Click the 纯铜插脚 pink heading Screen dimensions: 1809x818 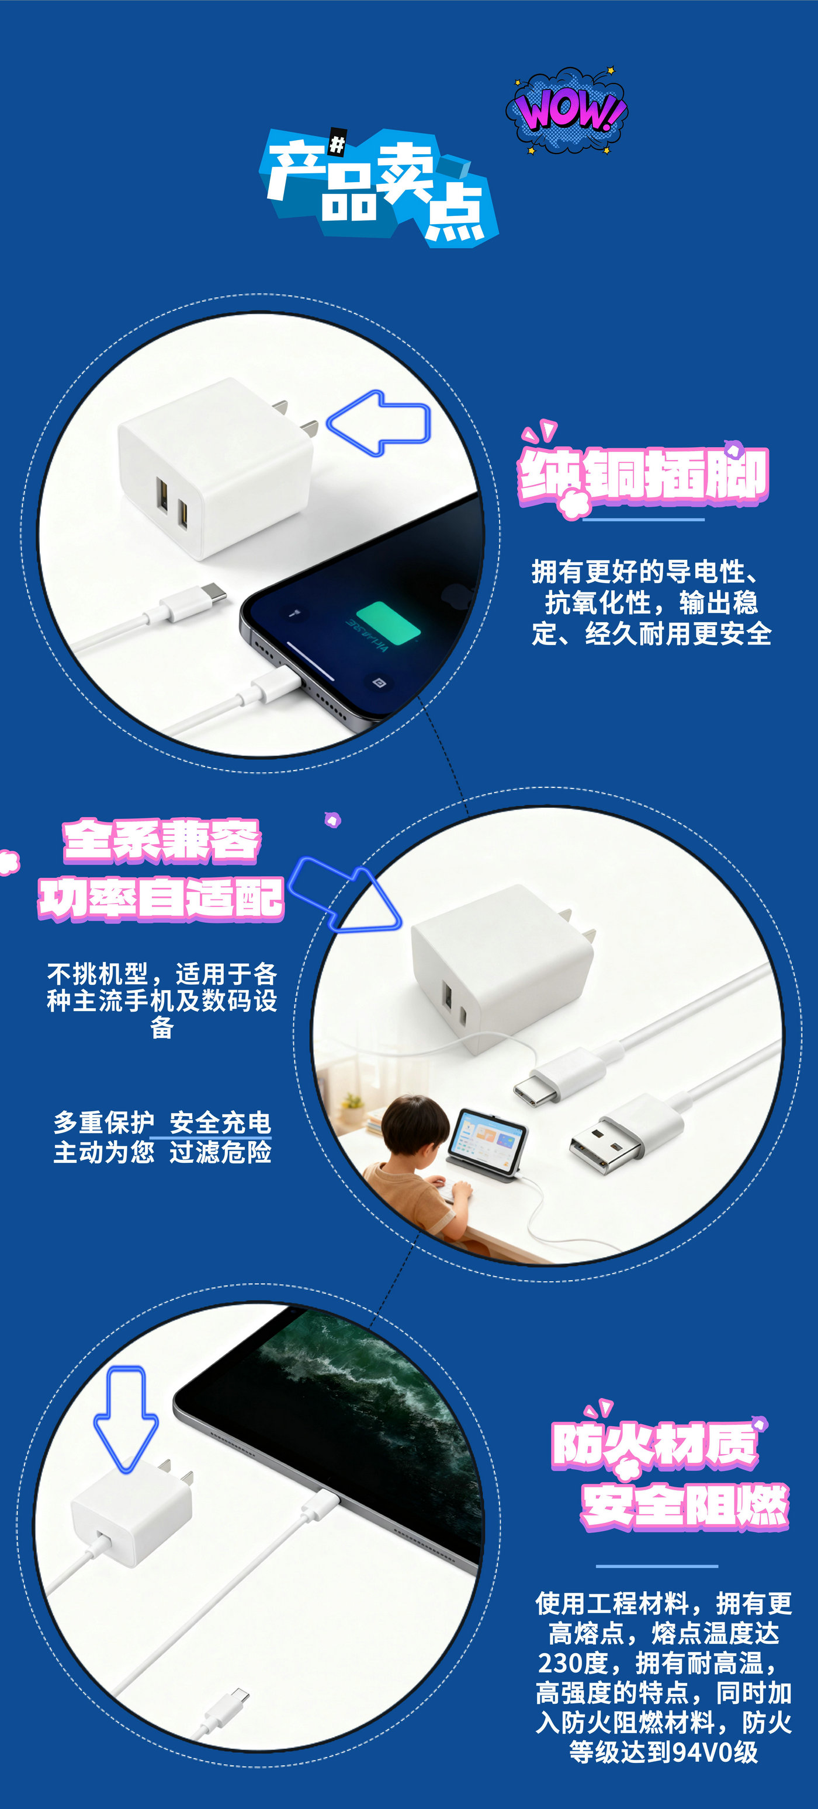(x=644, y=475)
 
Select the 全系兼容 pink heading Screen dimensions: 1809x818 (x=162, y=841)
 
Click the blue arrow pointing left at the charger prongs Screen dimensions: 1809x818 (x=379, y=423)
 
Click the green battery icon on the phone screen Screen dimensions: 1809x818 (x=388, y=622)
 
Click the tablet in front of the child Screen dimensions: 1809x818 (x=488, y=1142)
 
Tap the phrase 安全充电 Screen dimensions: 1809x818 (x=220, y=1122)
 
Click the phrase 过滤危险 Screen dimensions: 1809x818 (x=220, y=1152)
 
